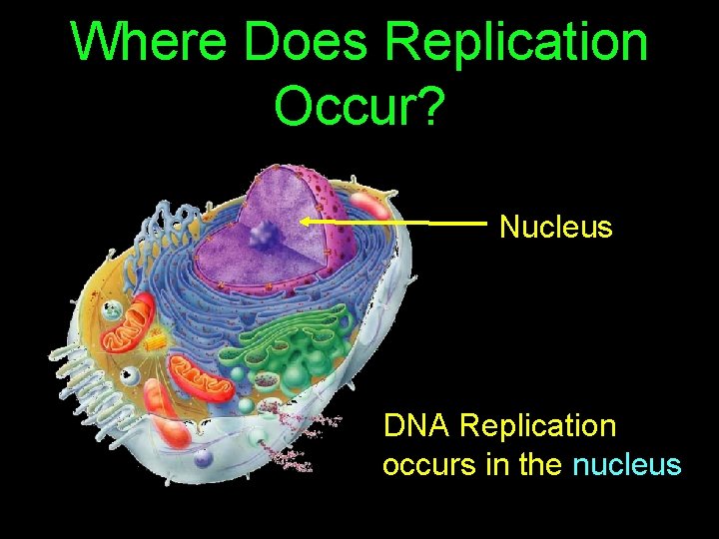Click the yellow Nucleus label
click(x=555, y=228)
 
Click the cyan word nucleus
click(x=626, y=465)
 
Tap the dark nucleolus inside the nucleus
click(x=265, y=237)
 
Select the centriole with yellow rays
click(x=155, y=343)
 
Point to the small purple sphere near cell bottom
click(x=204, y=459)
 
